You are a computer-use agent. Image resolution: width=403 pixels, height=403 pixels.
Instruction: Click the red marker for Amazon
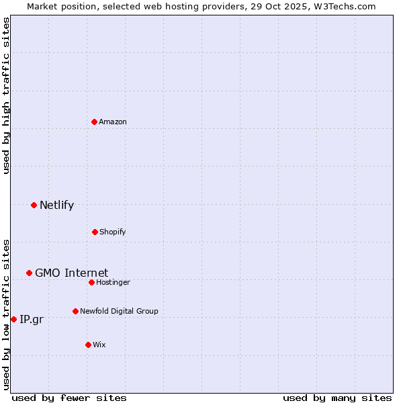(94, 122)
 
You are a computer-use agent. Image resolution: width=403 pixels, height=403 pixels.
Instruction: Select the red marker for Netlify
(34, 205)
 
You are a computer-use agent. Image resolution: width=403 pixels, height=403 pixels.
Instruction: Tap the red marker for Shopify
(95, 232)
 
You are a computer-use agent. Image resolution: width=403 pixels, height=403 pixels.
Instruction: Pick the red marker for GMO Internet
(29, 273)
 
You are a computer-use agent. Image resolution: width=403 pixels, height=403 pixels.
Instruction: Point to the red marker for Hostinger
(91, 282)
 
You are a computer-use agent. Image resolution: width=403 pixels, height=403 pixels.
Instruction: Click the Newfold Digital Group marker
(75, 311)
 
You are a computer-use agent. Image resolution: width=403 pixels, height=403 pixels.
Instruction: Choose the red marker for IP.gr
(13, 319)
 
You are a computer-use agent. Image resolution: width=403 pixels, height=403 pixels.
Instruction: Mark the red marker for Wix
(88, 345)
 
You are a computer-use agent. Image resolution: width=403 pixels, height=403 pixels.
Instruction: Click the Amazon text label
(113, 122)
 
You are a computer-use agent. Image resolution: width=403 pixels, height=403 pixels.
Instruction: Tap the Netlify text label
(56, 205)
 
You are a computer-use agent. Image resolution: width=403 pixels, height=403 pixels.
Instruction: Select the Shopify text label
(113, 232)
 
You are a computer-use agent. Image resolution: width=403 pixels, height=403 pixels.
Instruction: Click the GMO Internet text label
(71, 273)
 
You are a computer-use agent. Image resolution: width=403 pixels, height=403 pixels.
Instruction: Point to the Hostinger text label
(113, 282)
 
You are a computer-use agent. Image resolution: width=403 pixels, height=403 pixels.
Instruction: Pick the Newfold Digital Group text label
(119, 311)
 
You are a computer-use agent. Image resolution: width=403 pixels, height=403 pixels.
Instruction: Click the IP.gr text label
(32, 319)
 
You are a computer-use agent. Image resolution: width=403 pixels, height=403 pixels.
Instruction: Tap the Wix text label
(99, 345)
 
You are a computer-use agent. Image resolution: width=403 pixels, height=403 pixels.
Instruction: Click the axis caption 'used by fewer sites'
(69, 398)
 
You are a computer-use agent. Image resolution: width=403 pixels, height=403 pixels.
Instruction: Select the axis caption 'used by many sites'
(337, 398)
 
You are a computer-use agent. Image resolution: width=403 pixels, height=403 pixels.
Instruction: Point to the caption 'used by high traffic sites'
(6, 95)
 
